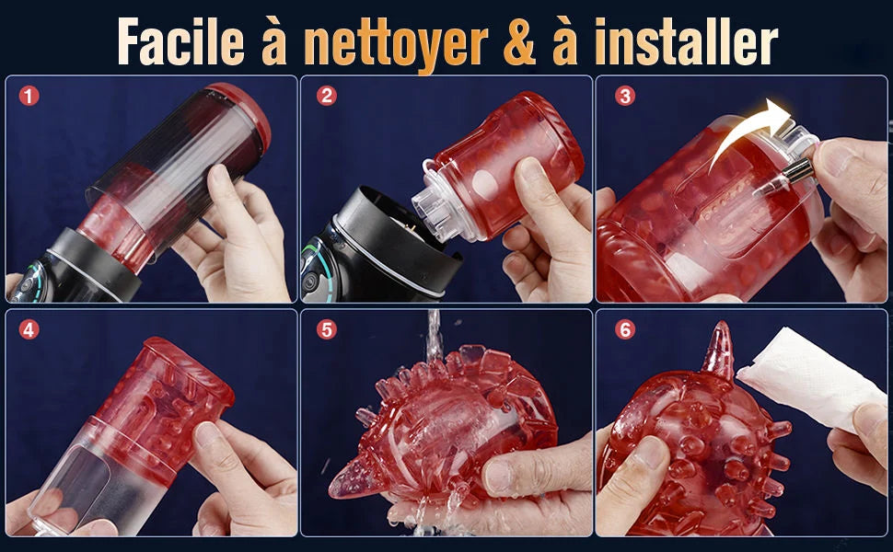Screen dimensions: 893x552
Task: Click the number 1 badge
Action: click(29, 96)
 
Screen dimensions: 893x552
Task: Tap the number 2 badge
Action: click(326, 96)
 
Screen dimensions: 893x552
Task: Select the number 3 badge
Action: click(625, 96)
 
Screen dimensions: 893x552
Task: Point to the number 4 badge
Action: click(29, 329)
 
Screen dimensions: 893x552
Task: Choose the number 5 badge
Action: click(326, 329)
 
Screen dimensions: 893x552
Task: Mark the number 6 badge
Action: click(625, 329)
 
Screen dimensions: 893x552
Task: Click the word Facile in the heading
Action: click(181, 42)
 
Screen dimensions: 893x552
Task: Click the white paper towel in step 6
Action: click(808, 378)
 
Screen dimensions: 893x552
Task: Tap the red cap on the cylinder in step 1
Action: click(242, 114)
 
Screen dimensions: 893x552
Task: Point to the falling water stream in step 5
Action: click(434, 336)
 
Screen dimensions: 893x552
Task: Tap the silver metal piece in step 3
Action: click(795, 171)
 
